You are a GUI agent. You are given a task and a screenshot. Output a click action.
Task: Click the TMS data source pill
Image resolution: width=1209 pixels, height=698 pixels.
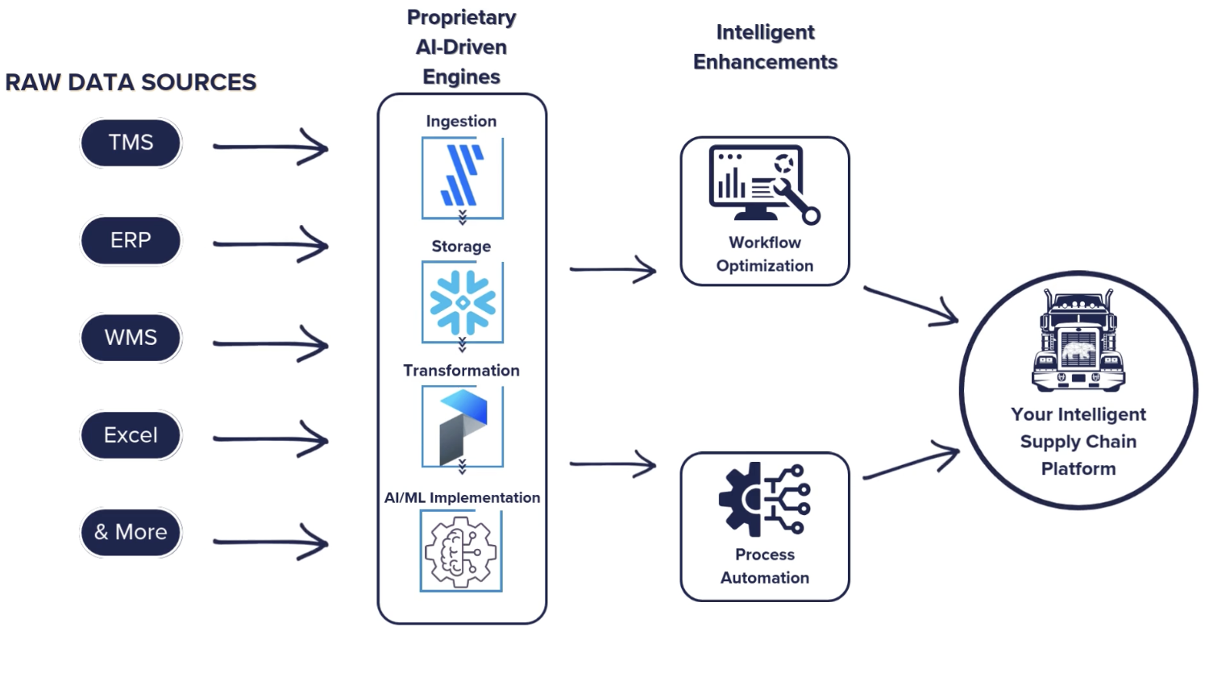pyautogui.click(x=131, y=143)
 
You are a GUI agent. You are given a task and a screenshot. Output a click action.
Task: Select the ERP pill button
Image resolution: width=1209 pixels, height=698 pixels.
pyautogui.click(x=131, y=240)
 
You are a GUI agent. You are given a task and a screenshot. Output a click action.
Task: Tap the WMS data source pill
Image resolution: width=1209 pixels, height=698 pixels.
pyautogui.click(x=131, y=337)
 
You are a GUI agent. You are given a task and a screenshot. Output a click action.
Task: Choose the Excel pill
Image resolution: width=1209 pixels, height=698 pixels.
pyautogui.click(x=131, y=435)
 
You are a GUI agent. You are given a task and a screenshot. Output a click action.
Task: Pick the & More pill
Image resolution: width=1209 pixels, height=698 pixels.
pyautogui.click(x=131, y=532)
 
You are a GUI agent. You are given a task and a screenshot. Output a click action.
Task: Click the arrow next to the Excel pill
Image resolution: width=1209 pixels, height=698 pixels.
pyautogui.click(x=271, y=439)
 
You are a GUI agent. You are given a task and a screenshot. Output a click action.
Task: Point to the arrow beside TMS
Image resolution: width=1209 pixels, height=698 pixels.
pyautogui.click(x=271, y=147)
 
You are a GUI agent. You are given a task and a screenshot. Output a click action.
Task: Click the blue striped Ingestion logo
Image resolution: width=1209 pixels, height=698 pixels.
pyautogui.click(x=462, y=177)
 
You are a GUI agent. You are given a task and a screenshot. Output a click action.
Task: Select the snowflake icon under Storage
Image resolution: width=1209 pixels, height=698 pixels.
pyautogui.click(x=462, y=302)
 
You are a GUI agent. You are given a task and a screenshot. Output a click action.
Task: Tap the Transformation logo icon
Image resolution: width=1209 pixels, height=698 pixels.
pyautogui.click(x=462, y=426)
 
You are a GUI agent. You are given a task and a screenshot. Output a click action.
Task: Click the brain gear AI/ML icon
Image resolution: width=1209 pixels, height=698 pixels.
pyautogui.click(x=461, y=552)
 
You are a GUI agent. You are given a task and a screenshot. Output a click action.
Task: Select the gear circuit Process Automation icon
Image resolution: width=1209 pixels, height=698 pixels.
pyautogui.click(x=764, y=499)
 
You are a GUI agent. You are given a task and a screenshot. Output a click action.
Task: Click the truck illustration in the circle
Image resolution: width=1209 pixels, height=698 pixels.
pyautogui.click(x=1078, y=342)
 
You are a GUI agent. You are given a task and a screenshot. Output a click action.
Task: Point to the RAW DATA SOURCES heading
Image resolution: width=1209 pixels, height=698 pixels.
pyautogui.click(x=131, y=82)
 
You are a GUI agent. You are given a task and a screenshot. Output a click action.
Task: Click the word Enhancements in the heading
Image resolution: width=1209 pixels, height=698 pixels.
pyautogui.click(x=765, y=62)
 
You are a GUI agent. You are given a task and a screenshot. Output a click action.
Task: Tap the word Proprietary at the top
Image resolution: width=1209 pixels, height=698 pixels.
pyautogui.click(x=461, y=17)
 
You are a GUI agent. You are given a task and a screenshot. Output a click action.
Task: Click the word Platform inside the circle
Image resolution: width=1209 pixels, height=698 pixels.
pyautogui.click(x=1078, y=469)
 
